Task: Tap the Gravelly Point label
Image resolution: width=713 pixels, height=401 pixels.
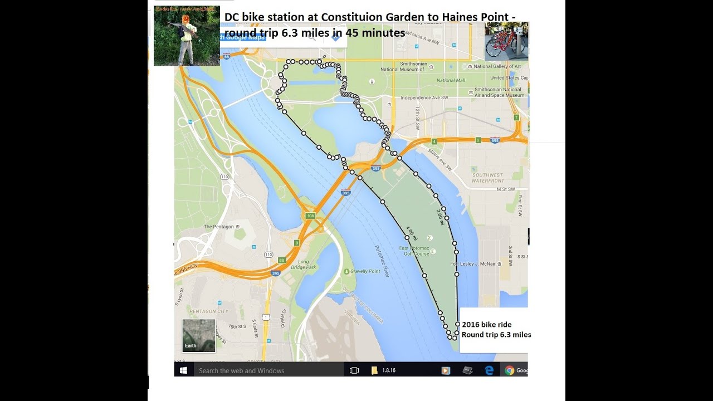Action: [365, 272]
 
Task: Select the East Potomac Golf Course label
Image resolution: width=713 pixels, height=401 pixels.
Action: [414, 251]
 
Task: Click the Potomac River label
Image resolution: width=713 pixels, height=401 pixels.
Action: [382, 261]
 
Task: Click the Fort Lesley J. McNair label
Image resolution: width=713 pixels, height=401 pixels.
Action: [472, 264]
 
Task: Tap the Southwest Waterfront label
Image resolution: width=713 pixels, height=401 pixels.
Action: [488, 178]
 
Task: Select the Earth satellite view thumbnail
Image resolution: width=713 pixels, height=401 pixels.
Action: [199, 335]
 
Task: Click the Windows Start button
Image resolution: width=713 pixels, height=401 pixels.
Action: [183, 370]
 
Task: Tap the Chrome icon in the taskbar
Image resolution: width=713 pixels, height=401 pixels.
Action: [509, 370]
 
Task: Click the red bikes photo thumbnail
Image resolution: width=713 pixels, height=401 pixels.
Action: [506, 41]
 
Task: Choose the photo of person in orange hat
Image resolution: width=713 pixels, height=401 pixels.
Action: [187, 36]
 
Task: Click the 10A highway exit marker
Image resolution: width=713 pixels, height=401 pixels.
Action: [310, 216]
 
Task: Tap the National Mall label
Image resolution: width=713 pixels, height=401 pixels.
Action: [451, 80]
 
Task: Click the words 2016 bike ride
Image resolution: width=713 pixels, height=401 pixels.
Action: [486, 324]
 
